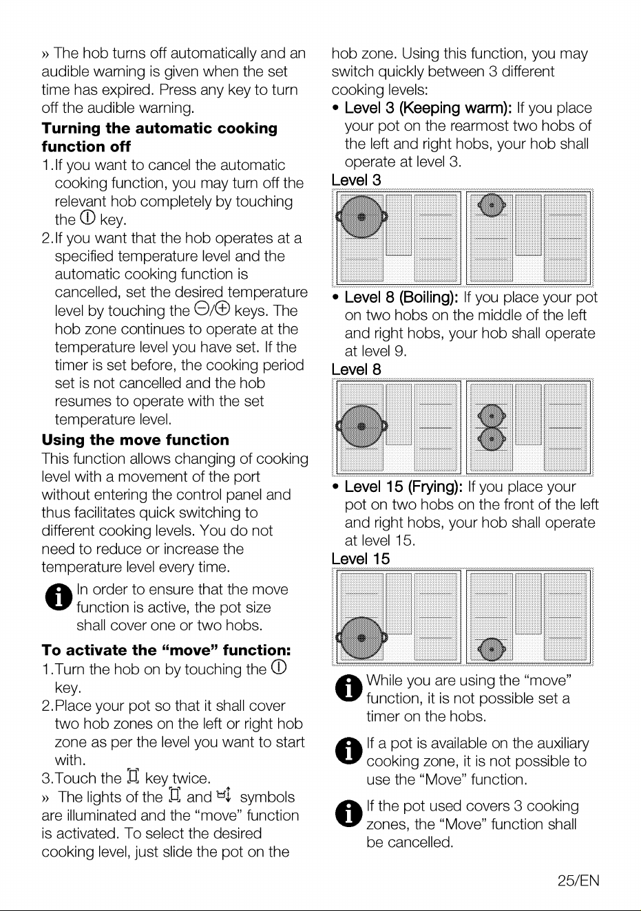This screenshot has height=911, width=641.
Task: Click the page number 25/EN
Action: pyautogui.click(x=578, y=881)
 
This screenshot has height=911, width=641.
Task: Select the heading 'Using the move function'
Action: pyautogui.click(x=135, y=440)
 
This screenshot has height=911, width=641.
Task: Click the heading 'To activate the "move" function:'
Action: pyautogui.click(x=166, y=650)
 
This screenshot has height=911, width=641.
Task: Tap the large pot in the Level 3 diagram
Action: pyautogui.click(x=361, y=217)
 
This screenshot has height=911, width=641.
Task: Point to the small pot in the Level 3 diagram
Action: pyautogui.click(x=492, y=205)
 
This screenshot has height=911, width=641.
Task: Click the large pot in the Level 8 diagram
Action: pyautogui.click(x=361, y=426)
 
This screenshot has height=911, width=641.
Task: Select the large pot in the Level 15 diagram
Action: pyautogui.click(x=361, y=638)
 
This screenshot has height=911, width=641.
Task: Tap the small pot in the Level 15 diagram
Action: pyautogui.click(x=492, y=650)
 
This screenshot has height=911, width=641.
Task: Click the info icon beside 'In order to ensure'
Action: pyautogui.click(x=59, y=597)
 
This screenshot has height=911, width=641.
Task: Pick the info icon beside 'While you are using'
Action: pyautogui.click(x=349, y=688)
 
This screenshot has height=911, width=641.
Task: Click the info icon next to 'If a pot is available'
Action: pyautogui.click(x=349, y=751)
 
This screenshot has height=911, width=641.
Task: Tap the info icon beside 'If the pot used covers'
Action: pyautogui.click(x=349, y=814)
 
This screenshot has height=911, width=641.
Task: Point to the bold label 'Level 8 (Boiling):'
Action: pyautogui.click(x=401, y=297)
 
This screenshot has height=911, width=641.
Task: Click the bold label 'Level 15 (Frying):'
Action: pyautogui.click(x=403, y=486)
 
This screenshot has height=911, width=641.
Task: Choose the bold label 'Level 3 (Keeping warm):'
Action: pyautogui.click(x=428, y=108)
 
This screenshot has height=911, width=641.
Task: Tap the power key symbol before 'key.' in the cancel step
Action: pyautogui.click(x=87, y=217)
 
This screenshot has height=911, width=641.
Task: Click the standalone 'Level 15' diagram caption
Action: pyautogui.click(x=360, y=559)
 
